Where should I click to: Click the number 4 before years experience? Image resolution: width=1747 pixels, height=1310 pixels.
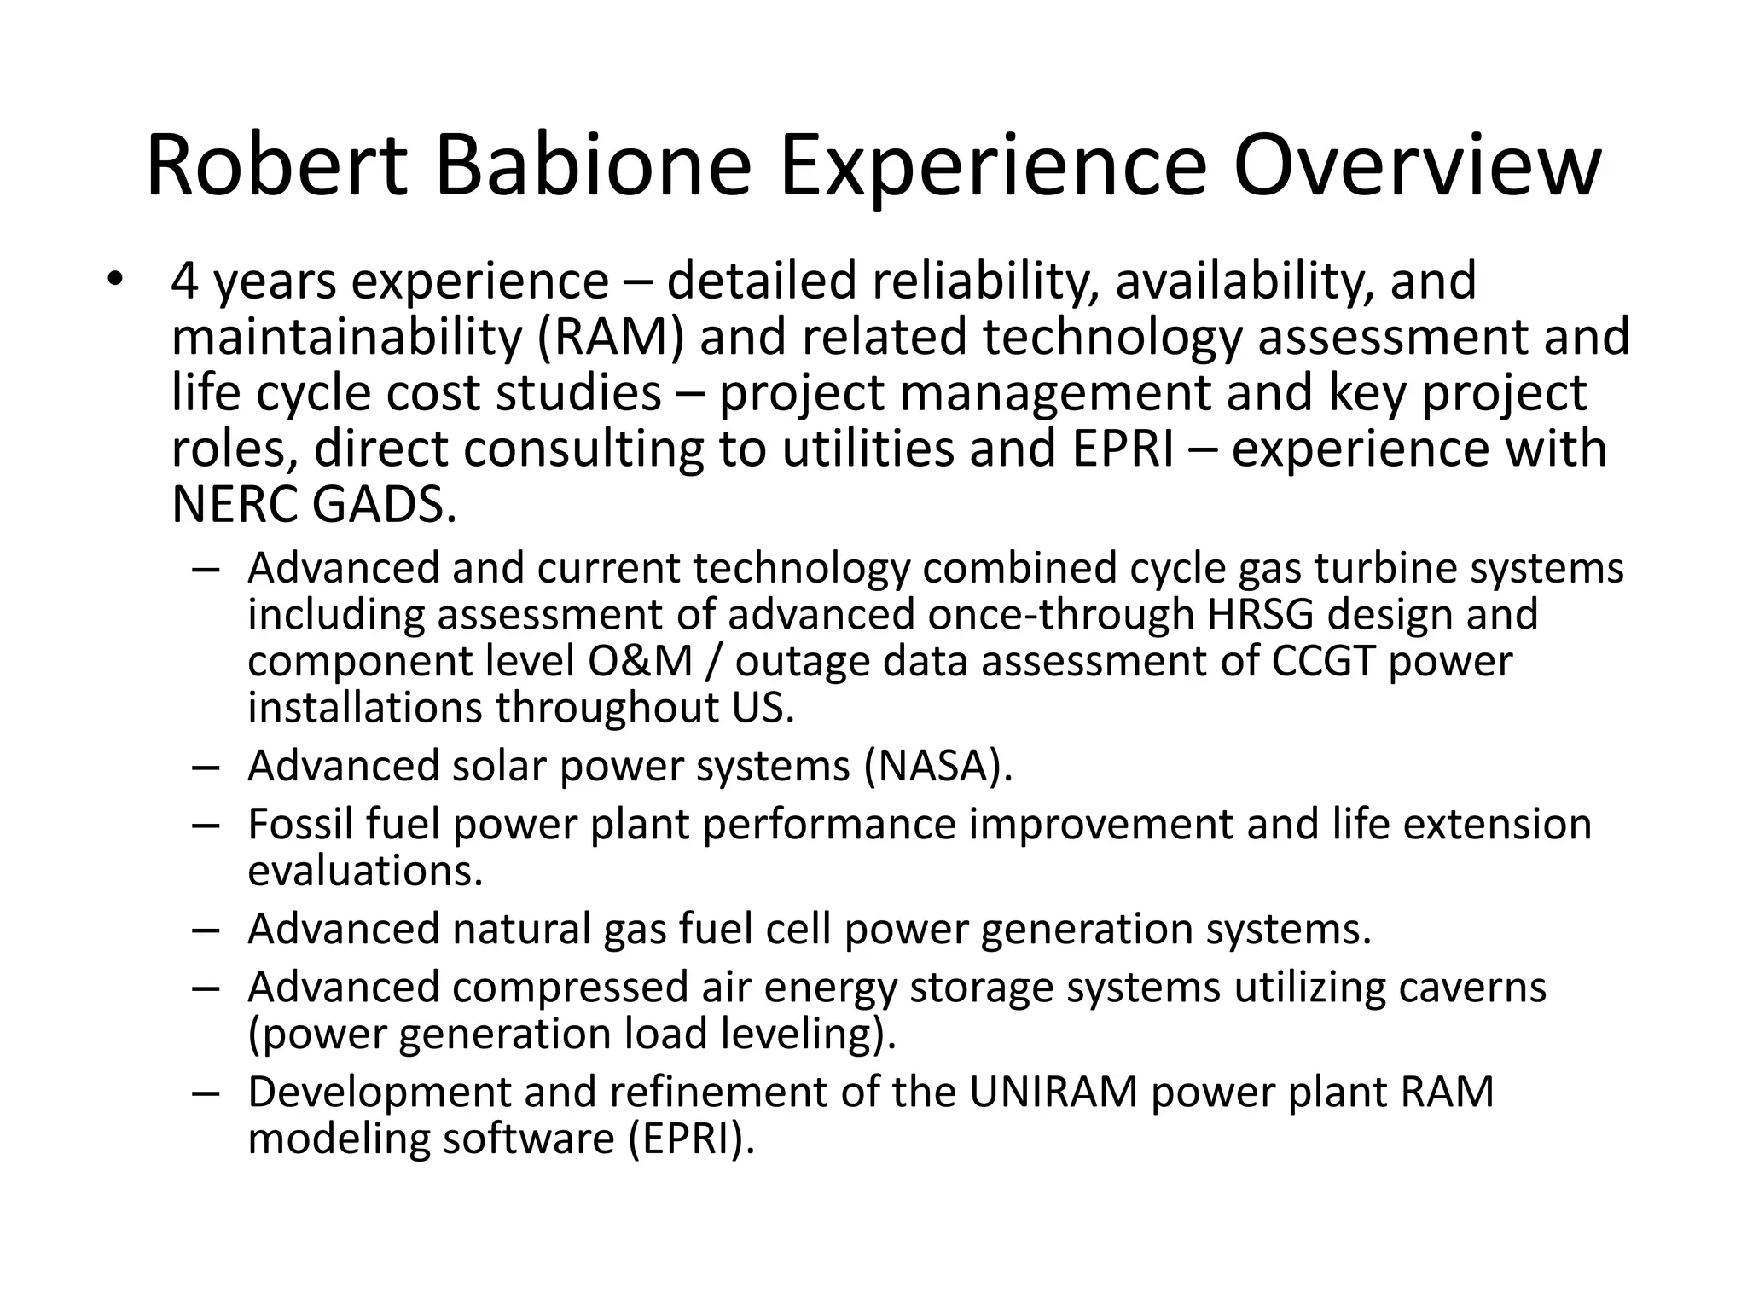[184, 282]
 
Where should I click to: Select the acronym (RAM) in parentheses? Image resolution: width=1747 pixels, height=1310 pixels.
[611, 337]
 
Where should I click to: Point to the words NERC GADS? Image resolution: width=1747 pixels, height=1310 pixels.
[313, 505]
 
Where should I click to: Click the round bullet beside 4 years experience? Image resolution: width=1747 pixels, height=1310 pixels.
[116, 281]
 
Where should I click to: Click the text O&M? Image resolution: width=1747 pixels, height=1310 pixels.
[640, 662]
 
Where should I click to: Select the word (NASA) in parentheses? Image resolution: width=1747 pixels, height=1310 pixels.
[937, 766]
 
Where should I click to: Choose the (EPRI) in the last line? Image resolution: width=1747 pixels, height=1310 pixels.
[692, 1139]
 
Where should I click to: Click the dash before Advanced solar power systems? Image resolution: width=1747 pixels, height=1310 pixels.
[206, 767]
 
